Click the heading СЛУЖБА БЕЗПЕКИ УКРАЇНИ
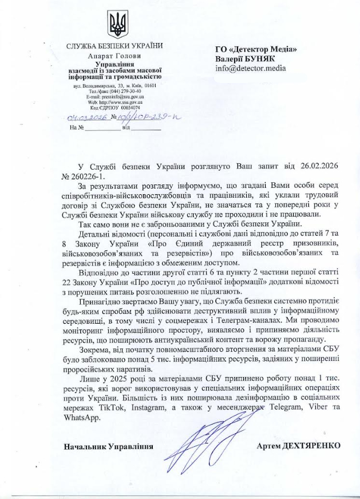tap(114, 46)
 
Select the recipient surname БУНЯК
tap(261, 58)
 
